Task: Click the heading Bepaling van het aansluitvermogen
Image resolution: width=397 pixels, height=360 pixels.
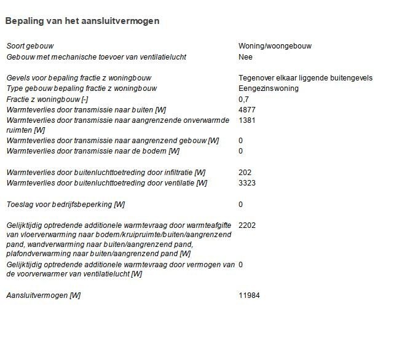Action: click(x=82, y=21)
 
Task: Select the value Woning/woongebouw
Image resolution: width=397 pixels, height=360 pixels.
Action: click(x=270, y=46)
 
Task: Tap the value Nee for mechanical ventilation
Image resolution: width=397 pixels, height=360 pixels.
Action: click(x=245, y=57)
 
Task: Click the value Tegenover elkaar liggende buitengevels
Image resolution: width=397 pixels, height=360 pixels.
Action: click(x=305, y=78)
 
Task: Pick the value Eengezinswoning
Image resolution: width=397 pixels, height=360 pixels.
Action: click(x=269, y=88)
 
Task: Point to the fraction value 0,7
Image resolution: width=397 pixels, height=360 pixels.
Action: click(x=243, y=99)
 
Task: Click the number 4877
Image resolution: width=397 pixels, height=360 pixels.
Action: click(x=247, y=109)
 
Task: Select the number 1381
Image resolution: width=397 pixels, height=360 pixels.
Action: click(x=247, y=120)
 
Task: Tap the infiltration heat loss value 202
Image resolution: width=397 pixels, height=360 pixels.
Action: click(x=245, y=173)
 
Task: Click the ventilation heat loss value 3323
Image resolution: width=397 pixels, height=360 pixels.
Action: click(x=247, y=183)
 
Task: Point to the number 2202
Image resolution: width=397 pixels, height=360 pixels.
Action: click(x=247, y=225)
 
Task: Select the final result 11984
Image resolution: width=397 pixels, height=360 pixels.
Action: click(x=250, y=295)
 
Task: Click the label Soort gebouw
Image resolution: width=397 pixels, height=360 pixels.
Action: click(x=29, y=46)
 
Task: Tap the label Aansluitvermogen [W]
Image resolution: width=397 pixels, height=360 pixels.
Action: click(x=43, y=295)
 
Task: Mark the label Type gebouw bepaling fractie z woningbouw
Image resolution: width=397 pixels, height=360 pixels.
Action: click(x=82, y=88)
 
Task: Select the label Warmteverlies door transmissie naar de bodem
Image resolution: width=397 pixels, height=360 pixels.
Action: click(x=93, y=151)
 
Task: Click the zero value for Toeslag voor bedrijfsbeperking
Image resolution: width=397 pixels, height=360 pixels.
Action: click(x=241, y=205)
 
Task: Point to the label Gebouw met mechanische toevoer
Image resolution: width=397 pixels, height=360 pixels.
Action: click(x=96, y=57)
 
